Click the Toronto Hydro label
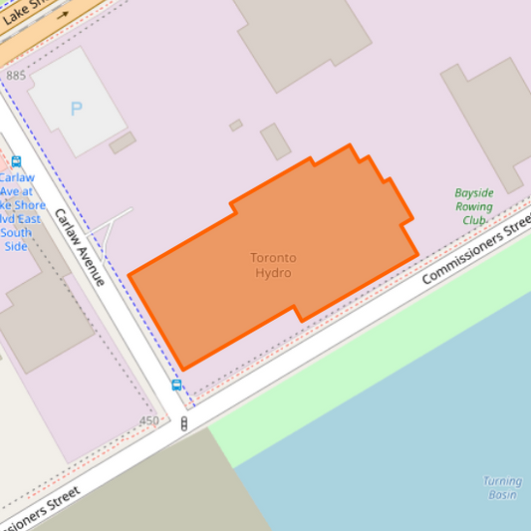[273, 265]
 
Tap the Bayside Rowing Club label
[474, 206]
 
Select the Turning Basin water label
[502, 488]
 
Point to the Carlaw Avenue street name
[80, 247]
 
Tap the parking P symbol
[77, 108]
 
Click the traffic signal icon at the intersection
[184, 423]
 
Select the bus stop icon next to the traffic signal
[176, 385]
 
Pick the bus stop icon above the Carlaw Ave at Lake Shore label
[16, 161]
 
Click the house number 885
[16, 76]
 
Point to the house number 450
[148, 421]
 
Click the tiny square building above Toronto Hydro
[235, 126]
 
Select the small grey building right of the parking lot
[123, 143]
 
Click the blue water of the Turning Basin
[398, 438]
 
